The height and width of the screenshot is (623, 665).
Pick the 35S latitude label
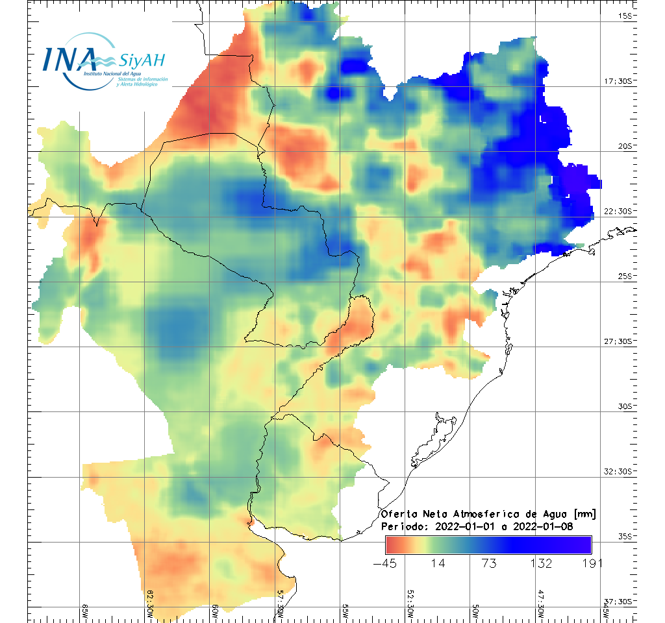[x=625, y=536]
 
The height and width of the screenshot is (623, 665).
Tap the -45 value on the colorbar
[x=386, y=563]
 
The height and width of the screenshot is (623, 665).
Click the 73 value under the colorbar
[x=489, y=563]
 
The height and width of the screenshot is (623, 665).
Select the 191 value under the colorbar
[x=590, y=563]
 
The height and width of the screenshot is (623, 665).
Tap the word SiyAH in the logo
[x=141, y=61]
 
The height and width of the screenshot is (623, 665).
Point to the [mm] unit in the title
[x=584, y=514]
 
